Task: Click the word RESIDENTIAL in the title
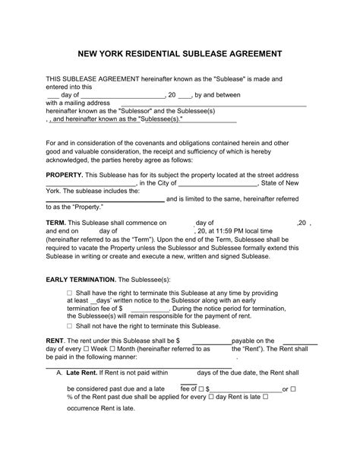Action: [163, 55]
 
